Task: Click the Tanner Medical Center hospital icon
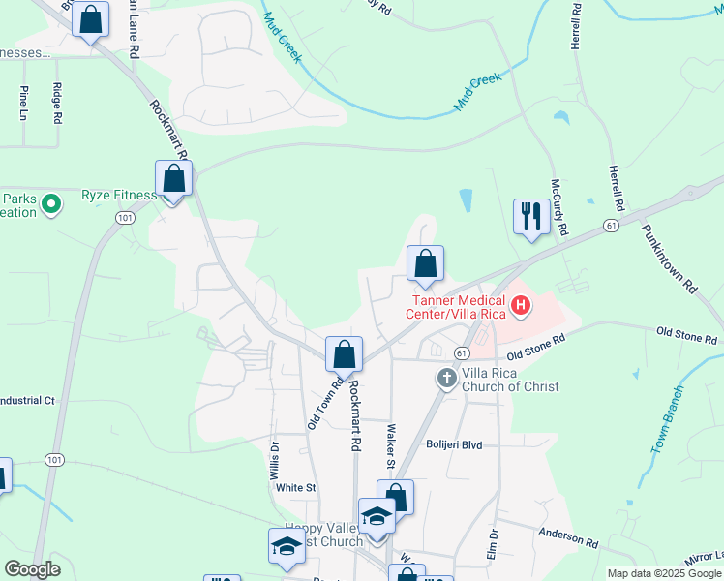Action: tap(522, 308)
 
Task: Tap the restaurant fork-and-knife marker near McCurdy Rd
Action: tap(530, 217)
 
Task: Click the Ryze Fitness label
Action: tap(119, 196)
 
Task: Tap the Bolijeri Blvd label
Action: tap(454, 444)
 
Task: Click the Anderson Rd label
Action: tap(569, 535)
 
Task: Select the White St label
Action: tap(296, 488)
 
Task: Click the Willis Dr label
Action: tap(275, 457)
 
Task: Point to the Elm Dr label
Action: tap(493, 544)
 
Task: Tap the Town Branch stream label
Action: tap(669, 420)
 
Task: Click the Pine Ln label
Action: tap(23, 103)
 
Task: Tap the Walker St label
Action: tap(390, 446)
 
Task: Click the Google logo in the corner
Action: tap(32, 569)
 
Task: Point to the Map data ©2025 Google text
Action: tap(663, 573)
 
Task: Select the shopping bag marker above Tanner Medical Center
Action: tap(425, 262)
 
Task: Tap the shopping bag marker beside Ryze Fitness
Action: tap(174, 179)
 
